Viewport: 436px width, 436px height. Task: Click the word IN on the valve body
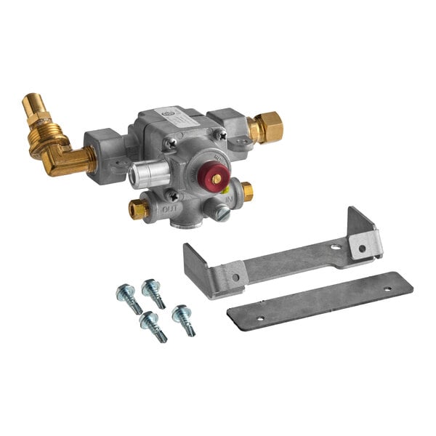click(x=230, y=198)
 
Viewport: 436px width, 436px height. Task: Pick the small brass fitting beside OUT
click(x=139, y=209)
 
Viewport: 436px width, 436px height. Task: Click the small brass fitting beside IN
click(x=247, y=191)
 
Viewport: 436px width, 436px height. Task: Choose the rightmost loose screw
click(x=183, y=319)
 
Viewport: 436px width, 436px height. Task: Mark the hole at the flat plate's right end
click(x=387, y=288)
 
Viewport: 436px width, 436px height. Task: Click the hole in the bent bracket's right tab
click(x=363, y=248)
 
